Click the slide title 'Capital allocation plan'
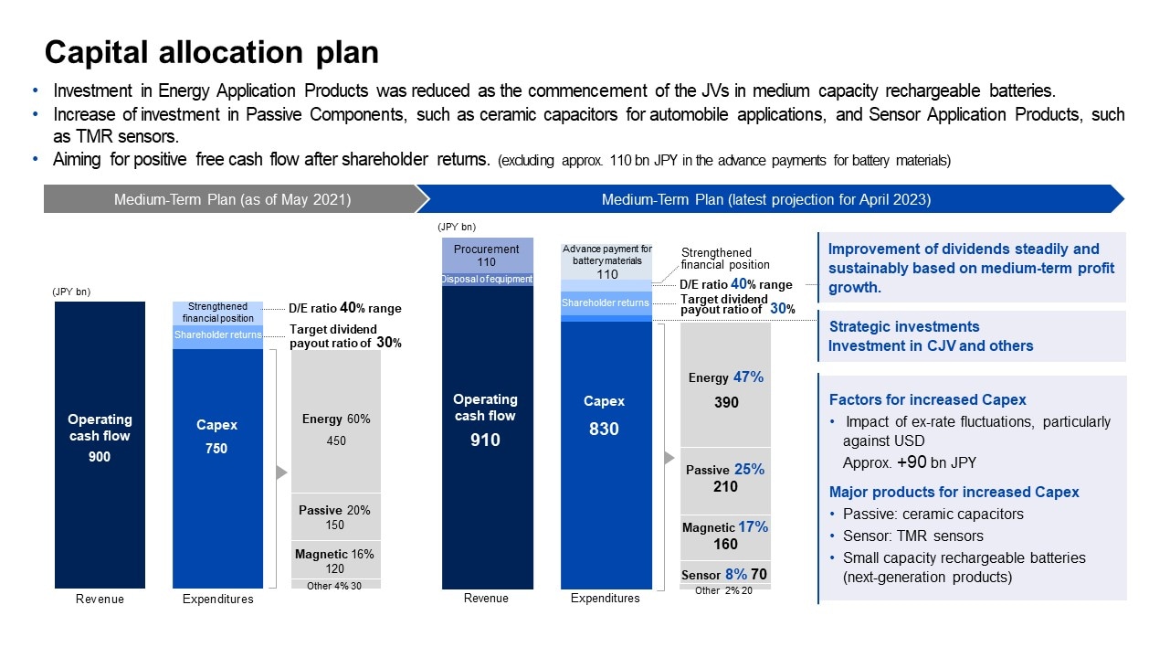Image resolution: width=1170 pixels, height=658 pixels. click(211, 52)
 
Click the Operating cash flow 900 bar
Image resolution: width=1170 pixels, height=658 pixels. click(100, 444)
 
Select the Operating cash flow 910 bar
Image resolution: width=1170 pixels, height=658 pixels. click(486, 430)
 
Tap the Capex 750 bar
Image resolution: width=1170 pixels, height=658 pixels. click(216, 457)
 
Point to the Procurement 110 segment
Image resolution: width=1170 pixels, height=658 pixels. click(486, 255)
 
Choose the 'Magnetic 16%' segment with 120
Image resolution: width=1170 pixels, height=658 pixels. click(335, 560)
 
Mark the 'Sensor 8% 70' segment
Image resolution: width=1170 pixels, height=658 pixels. click(725, 574)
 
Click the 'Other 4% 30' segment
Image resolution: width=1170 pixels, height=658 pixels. click(335, 585)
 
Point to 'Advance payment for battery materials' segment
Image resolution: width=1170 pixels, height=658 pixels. click(606, 260)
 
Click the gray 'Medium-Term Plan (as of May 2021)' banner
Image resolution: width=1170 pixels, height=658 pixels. click(232, 199)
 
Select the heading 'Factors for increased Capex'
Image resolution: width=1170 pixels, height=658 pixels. click(927, 399)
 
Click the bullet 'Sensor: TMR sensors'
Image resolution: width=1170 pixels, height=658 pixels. click(912, 536)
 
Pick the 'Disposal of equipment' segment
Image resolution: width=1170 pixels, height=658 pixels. click(487, 280)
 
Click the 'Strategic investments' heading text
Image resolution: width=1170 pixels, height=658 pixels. click(903, 326)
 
